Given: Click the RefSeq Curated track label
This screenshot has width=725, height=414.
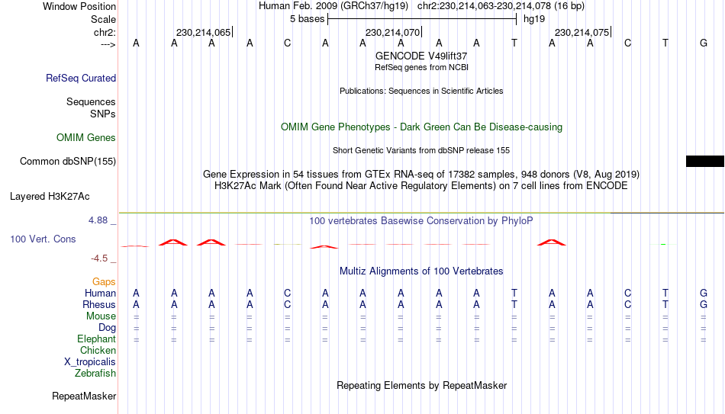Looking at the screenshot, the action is [x=81, y=78].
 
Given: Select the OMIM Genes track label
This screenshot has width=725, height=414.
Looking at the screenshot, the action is [x=86, y=138].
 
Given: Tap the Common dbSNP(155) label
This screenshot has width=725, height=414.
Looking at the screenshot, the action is [x=68, y=162].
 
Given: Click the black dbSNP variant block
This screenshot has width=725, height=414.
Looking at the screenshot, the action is [x=705, y=162].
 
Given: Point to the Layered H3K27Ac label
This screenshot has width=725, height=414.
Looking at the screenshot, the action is [x=50, y=197].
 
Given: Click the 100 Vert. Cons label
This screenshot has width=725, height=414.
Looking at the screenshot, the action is [x=43, y=239].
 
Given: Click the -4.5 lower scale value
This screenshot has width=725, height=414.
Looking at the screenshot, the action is [x=99, y=258].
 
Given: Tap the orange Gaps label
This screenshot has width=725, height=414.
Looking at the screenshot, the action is [x=104, y=282].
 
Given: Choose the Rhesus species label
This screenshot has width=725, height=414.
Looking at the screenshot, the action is [x=99, y=305].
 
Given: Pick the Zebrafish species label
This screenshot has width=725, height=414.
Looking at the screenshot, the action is [x=95, y=374].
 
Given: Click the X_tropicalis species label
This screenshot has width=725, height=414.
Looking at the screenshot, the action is [x=90, y=362].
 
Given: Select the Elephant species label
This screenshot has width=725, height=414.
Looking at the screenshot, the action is [x=97, y=339].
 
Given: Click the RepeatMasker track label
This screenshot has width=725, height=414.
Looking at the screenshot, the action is [x=84, y=396].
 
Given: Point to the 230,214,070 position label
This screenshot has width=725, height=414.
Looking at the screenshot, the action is [x=392, y=32].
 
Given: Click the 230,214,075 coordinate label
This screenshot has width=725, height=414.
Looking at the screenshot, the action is [x=582, y=32].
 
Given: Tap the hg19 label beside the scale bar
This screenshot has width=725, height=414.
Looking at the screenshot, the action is [x=534, y=19].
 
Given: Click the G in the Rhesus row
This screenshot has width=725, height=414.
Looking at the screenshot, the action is [x=704, y=305].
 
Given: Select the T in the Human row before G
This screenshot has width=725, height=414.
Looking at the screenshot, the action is [x=665, y=293].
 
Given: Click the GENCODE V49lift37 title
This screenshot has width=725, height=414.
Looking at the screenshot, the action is [x=421, y=56].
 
